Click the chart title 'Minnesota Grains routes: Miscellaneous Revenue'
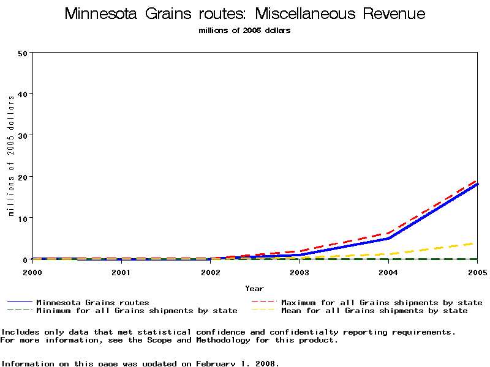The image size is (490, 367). (244, 14)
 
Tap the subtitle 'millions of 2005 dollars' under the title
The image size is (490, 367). (244, 30)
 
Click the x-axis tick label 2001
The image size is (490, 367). (121, 272)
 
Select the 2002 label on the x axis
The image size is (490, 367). (210, 272)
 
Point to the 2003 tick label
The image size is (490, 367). (300, 272)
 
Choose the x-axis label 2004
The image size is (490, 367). (388, 272)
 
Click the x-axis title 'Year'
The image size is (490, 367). (254, 289)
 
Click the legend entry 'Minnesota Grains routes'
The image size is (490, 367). (92, 302)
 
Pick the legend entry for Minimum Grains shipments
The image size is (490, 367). (137, 311)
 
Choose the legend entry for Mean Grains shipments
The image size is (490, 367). (374, 311)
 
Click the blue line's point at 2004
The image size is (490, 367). (388, 238)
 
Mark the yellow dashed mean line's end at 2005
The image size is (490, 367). (477, 243)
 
